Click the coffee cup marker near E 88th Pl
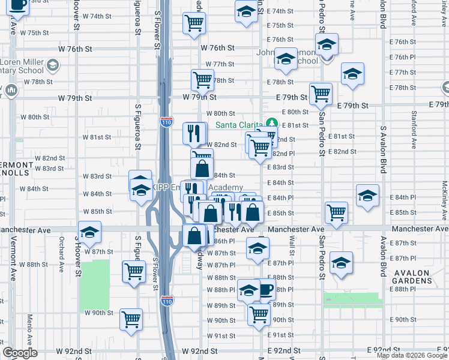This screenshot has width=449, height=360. point(265,290)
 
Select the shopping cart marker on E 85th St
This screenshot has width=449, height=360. point(336,212)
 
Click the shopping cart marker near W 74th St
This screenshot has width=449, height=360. point(194,23)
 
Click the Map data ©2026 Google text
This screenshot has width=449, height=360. point(412,355)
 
